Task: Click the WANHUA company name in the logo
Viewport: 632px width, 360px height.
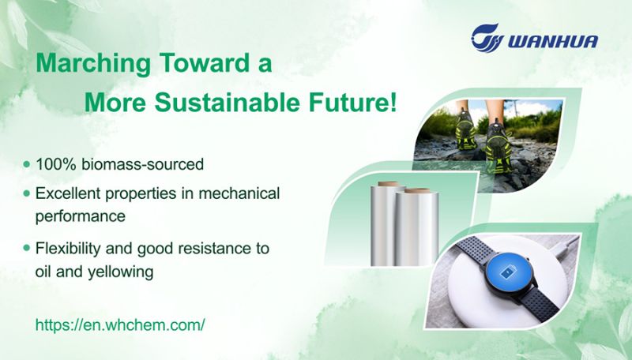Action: coord(553,42)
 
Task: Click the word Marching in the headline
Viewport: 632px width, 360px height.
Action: coord(93,64)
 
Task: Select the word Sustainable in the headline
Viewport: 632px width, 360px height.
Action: coord(227,103)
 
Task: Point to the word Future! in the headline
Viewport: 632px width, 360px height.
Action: coord(352,103)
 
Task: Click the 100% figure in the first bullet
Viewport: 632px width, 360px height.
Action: coord(56,164)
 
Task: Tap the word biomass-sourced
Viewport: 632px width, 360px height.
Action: coord(143,164)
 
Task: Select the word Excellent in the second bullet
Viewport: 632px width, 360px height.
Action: coord(68,193)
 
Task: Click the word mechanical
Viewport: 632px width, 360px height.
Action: coord(239,193)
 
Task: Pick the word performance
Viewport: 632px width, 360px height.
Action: coord(81,216)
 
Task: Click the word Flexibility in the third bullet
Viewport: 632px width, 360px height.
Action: coord(68,248)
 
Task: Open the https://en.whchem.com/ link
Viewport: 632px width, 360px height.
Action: coord(120,324)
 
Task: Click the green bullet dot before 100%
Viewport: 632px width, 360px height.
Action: coord(27,164)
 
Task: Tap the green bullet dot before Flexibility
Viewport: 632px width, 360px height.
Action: coord(27,248)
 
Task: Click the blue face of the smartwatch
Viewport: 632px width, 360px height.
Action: coord(507,273)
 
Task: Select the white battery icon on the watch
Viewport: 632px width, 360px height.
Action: coord(507,273)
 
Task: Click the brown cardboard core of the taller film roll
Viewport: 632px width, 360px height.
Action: coord(389,184)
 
